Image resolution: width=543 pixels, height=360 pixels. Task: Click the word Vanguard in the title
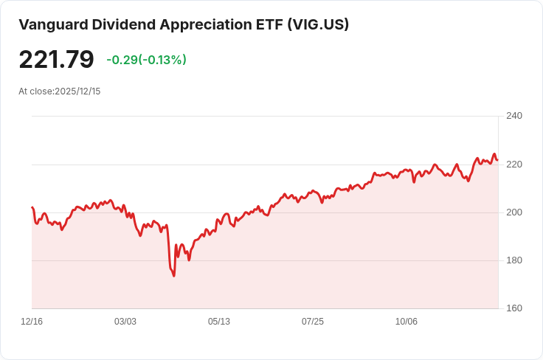pos(53,24)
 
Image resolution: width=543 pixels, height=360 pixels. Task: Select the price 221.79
pos(57,60)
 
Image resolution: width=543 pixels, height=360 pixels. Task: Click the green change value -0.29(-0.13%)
pos(146,60)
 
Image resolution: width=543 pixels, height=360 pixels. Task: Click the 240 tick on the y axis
pos(513,116)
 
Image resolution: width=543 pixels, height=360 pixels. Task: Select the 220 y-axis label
pos(513,165)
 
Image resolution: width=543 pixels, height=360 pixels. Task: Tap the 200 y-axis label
pos(513,212)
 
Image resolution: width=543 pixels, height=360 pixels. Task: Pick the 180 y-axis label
pos(513,260)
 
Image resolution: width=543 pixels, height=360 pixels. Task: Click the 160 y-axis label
pos(513,308)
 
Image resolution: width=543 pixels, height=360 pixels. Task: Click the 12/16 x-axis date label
pos(32,322)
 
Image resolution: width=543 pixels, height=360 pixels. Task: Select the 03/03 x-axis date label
pos(125,322)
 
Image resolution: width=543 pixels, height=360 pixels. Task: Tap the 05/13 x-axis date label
pos(219,322)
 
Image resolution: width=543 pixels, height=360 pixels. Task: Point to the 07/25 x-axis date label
pos(313,322)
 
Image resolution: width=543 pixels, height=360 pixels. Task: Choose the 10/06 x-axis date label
pos(407,322)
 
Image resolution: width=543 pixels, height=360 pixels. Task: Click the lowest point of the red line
pos(174,276)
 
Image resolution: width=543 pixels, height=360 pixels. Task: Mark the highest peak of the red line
pos(494,154)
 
